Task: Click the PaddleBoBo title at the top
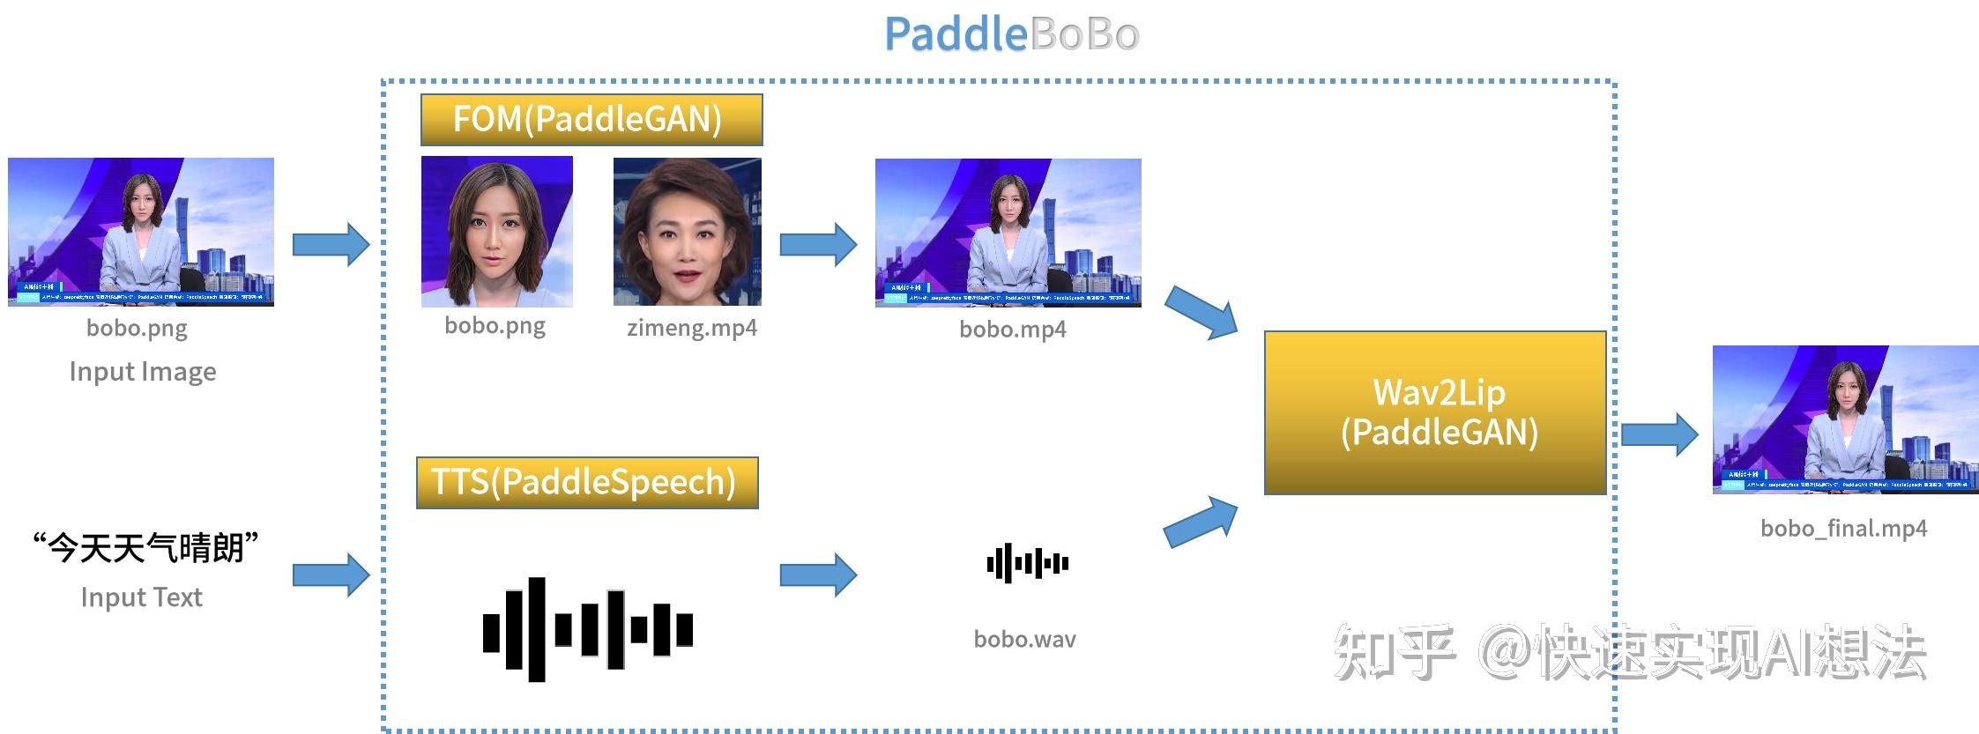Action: [x=1012, y=35]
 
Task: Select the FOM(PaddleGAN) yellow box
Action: [x=591, y=120]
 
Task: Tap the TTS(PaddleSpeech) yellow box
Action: [x=586, y=482]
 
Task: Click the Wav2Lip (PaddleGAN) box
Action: [x=1435, y=412]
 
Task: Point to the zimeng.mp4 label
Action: [x=691, y=328]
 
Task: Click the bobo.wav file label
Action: [x=1024, y=639]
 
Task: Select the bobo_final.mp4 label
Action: [x=1843, y=528]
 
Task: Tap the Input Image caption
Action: [x=143, y=371]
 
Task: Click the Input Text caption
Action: [x=141, y=597]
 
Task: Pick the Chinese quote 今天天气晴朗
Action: [x=145, y=547]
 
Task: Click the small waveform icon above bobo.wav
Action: [x=1027, y=563]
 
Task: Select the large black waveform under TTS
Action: [x=587, y=629]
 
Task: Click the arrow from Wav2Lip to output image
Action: [x=1659, y=434]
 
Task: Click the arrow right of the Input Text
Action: [x=331, y=575]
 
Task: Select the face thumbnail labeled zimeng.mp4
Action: [x=687, y=232]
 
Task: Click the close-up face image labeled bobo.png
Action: [x=496, y=232]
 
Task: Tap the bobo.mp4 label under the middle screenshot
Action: [x=1012, y=329]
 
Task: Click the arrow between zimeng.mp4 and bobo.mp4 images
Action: [x=817, y=244]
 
